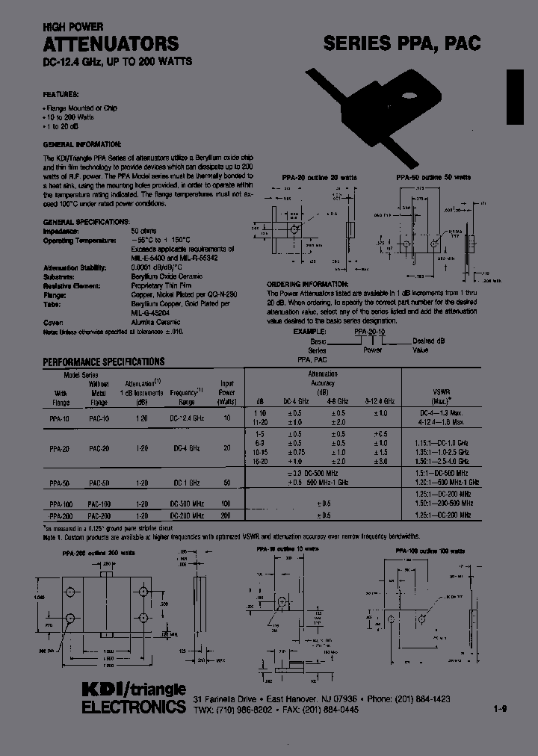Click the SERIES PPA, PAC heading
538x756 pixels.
coord(402,43)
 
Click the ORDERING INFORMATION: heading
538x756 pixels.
coord(307,284)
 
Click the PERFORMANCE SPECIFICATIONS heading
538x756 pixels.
coord(104,362)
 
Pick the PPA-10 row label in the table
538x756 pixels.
coord(61,421)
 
